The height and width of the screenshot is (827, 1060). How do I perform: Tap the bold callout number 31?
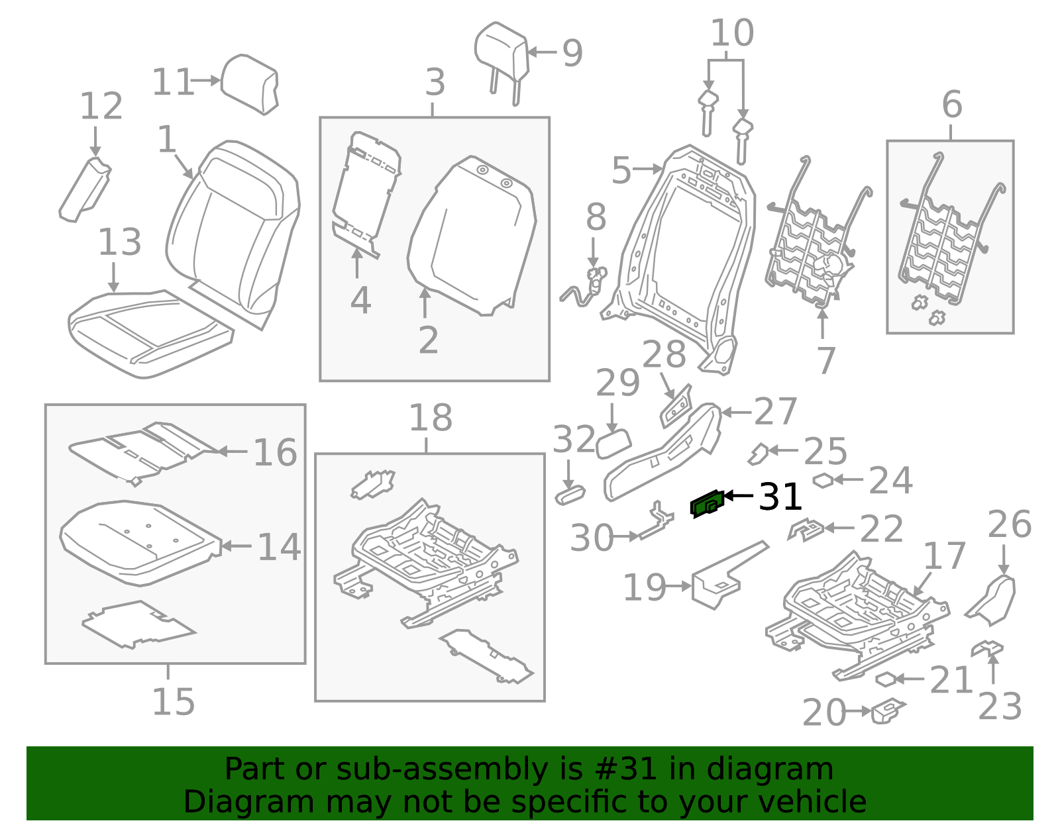coord(780,497)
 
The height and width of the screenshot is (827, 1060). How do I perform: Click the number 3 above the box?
coord(435,83)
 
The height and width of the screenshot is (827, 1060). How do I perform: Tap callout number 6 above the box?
coord(951,105)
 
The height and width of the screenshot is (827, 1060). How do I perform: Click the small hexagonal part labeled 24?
coord(823,481)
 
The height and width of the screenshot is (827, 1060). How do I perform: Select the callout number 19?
coord(644,587)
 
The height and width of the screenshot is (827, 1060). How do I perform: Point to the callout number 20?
coord(823,712)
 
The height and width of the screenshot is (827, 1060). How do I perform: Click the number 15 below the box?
coord(173,702)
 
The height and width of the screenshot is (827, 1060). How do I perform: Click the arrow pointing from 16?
coord(232,452)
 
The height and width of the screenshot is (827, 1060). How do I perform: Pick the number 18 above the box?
coord(430,418)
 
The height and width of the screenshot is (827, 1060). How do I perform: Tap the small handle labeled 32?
coord(570,495)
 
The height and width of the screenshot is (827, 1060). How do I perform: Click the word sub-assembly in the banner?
coord(457,769)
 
